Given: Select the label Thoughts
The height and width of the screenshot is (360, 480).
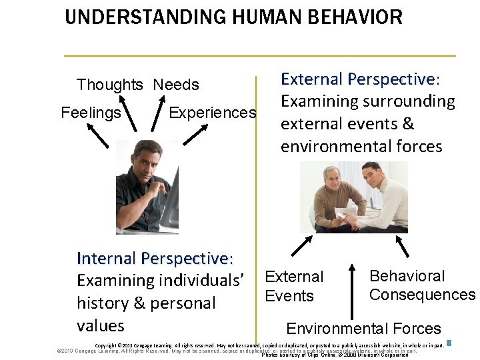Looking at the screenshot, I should point(109,85).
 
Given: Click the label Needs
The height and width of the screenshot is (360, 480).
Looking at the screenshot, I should point(176,85).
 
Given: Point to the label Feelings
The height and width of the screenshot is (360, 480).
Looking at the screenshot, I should point(91,113).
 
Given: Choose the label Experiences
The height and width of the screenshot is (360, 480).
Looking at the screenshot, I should point(212,113).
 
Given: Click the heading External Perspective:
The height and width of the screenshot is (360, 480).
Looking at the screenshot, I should point(360,79).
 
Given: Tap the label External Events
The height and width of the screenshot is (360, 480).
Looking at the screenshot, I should point(293,286).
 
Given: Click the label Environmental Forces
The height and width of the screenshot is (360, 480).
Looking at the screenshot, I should point(363,328).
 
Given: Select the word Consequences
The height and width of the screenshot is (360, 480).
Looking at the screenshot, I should point(422,295).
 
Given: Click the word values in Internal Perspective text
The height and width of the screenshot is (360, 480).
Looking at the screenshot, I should point(101,325).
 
